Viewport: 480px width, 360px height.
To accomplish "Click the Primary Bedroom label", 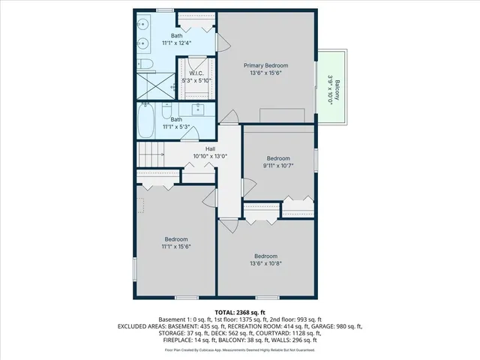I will (x=266, y=66).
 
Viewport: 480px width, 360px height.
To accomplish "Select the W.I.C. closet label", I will (x=197, y=73).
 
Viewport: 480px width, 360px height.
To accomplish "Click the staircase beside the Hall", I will (x=151, y=156).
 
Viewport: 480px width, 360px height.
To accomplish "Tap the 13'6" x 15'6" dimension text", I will (x=266, y=73).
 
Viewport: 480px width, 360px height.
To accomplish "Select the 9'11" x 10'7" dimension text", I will (x=277, y=165).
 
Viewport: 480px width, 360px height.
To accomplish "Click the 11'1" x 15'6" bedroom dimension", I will (x=176, y=246).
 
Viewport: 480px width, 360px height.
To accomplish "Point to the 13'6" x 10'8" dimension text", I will (x=266, y=262).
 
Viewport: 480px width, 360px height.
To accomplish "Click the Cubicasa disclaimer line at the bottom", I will (x=240, y=349).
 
